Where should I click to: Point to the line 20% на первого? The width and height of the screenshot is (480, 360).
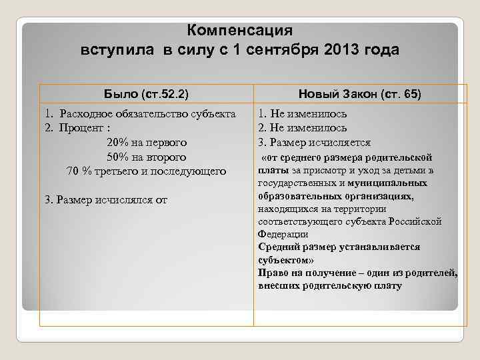tap(146, 142)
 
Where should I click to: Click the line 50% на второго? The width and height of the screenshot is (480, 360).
tap(146, 157)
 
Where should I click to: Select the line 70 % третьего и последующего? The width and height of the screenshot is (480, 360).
tap(147, 171)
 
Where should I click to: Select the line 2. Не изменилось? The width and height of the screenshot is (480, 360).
tap(302, 128)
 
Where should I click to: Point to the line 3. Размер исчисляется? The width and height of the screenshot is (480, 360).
tap(313, 142)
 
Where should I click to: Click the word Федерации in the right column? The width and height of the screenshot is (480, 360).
tap(283, 234)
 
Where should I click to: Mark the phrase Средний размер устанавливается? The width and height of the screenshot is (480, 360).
tap(339, 247)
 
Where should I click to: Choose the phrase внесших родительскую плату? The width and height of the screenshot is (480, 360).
tap(330, 285)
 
